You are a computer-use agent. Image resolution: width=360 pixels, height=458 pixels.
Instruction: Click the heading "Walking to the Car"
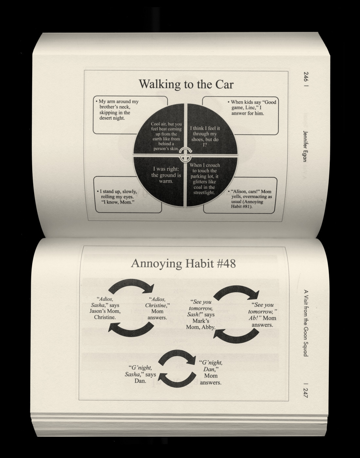point(186,84)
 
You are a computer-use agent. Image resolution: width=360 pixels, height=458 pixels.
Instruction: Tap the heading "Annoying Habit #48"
point(183,263)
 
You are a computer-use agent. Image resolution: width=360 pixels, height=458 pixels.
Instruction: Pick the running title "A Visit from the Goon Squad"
point(306,323)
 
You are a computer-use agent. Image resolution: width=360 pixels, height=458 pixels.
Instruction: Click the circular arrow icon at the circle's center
point(186,155)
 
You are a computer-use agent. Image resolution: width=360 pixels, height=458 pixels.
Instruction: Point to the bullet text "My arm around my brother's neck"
point(117,110)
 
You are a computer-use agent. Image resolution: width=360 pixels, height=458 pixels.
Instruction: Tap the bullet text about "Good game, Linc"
point(252,108)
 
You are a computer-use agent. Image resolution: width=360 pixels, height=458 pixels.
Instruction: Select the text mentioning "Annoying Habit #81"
point(250,199)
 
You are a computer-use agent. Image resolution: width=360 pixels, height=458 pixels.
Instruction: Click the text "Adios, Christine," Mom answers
point(157,308)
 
